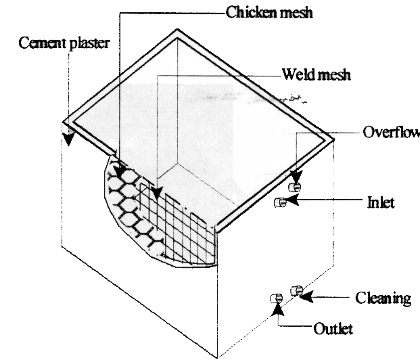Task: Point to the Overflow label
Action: (390, 132)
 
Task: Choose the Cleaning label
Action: (383, 298)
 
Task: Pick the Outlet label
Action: (333, 330)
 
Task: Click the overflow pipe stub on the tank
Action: (295, 186)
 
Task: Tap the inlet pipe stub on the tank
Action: (279, 201)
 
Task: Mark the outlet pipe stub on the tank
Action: (276, 298)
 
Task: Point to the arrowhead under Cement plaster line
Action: (67, 139)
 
